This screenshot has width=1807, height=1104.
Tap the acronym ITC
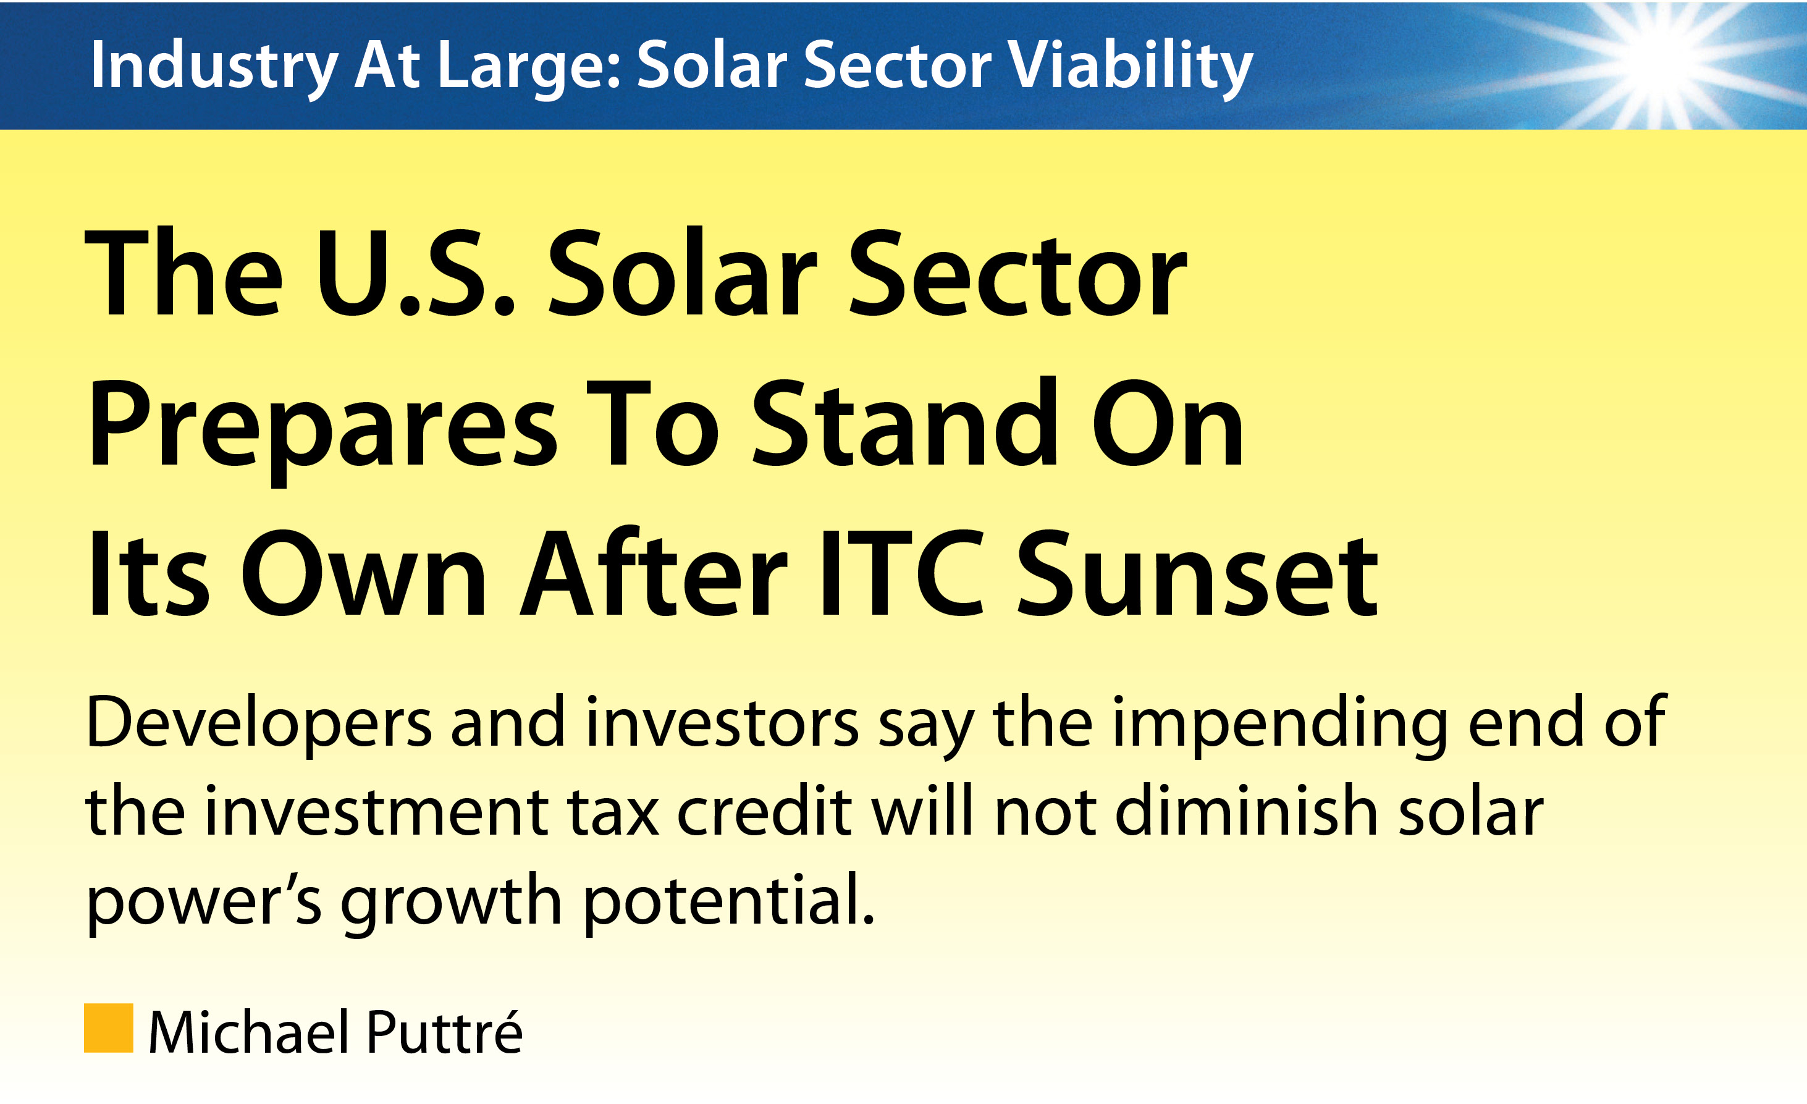[903, 572]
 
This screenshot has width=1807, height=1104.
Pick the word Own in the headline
[364, 572]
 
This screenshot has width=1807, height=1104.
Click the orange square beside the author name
[109, 1028]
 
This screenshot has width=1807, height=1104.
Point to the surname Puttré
[444, 1031]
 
